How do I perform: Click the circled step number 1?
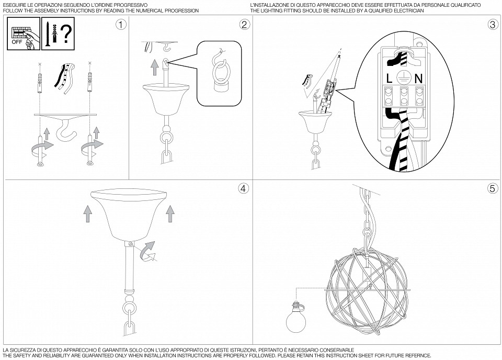click(x=121, y=25)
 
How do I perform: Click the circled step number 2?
click(x=244, y=25)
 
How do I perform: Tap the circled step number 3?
click(x=492, y=25)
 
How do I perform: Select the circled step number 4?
click(x=243, y=189)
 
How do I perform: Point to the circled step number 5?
click(x=492, y=189)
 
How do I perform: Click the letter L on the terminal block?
click(x=390, y=78)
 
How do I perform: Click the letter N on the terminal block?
click(x=418, y=78)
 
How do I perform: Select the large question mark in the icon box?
click(x=65, y=33)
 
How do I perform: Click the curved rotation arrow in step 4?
click(x=149, y=251)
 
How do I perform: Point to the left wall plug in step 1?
click(x=40, y=81)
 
